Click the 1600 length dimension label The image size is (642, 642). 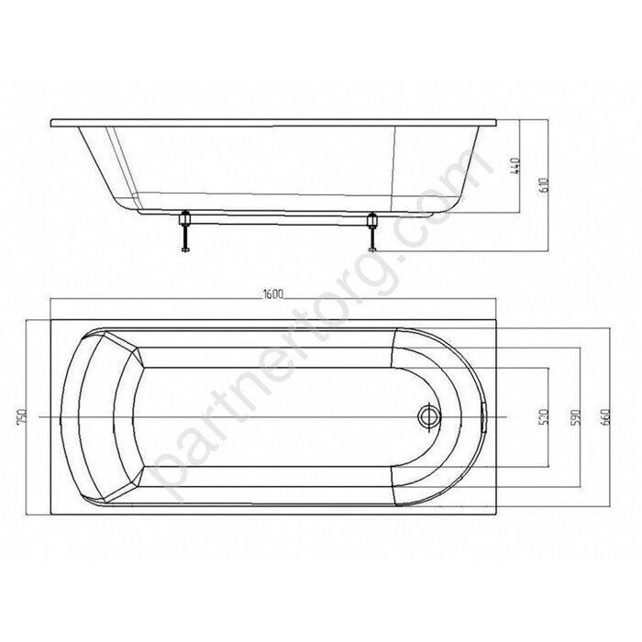point(273,294)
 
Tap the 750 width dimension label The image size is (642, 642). point(22,416)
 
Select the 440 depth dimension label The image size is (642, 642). point(516,166)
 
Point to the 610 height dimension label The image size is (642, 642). point(544,185)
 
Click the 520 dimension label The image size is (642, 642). point(544,416)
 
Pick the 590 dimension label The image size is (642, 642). point(576,416)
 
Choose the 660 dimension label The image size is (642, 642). point(606,416)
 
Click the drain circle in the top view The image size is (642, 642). point(429,416)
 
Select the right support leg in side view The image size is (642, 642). point(372,232)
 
